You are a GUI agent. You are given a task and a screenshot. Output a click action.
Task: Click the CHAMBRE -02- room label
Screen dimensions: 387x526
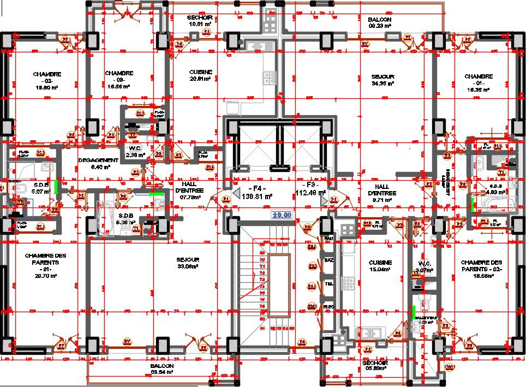pos(47,80)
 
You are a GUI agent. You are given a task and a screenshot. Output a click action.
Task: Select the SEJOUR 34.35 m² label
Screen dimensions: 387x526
pos(382,80)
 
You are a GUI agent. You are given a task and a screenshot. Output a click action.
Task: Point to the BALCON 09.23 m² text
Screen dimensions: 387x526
pos(380,22)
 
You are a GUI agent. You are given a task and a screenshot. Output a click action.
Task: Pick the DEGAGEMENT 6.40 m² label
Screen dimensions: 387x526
pos(98,163)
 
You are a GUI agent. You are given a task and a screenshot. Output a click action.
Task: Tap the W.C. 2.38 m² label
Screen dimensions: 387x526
pos(135,151)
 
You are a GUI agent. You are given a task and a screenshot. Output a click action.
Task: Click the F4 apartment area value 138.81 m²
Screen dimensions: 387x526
pos(256,195)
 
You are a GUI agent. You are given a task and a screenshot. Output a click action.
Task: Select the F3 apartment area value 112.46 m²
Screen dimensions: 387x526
pos(310,192)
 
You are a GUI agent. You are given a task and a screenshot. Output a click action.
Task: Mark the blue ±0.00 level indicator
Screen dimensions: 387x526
pos(283,215)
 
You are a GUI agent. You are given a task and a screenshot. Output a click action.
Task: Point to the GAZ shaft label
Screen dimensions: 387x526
pos(328,260)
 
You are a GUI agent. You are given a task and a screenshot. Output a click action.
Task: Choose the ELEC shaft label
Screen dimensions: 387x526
pos(328,307)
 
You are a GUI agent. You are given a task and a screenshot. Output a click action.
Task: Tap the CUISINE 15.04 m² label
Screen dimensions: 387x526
pos(380,266)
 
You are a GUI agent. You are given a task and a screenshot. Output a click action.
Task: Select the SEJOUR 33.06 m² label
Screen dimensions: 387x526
pos(188,263)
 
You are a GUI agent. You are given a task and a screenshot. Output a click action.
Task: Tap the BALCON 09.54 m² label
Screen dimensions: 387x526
pos(162,369)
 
